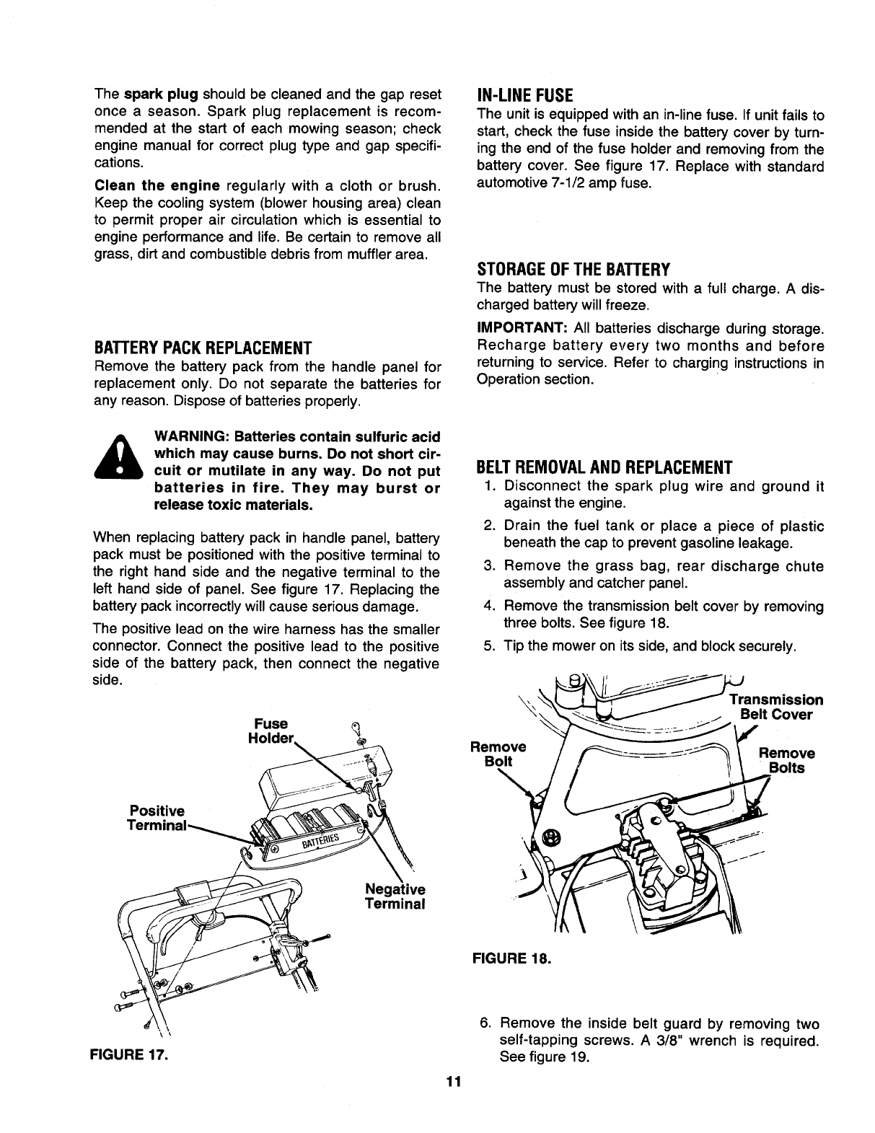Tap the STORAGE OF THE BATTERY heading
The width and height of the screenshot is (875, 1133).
pos(573,270)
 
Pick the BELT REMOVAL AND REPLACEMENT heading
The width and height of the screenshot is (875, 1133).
pos(604,465)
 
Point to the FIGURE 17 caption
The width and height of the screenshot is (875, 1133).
pos(128,1055)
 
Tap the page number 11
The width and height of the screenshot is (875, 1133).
pos(452,1082)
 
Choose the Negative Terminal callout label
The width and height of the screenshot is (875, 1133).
pos(396,896)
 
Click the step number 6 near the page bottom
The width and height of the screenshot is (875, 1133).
pos(485,1024)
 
